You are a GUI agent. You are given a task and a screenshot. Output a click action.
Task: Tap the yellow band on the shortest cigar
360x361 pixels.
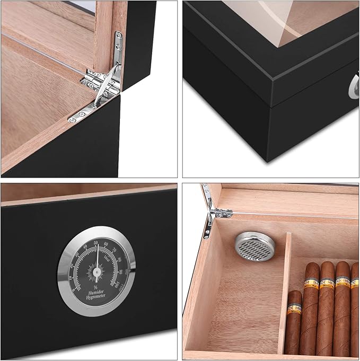click(294, 308)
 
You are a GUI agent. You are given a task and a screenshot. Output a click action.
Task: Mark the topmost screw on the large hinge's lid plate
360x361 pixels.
click(118, 36)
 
